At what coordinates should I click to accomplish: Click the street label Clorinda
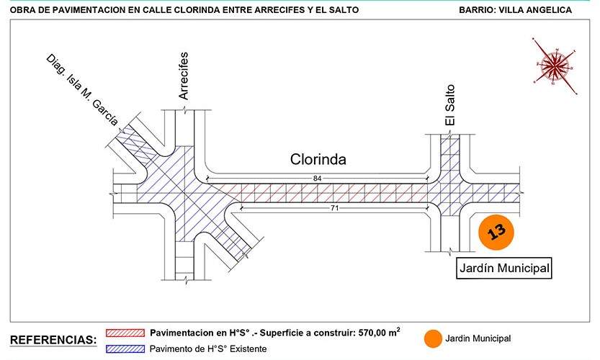pos(318,159)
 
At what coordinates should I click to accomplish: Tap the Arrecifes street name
pos(184,76)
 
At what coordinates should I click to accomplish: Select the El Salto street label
pos(450,105)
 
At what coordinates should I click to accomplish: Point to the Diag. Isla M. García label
pos(82,90)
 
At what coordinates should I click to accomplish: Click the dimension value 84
pos(317,179)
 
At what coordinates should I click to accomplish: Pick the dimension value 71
pos(334,208)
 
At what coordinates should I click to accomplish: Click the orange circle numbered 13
pos(496,232)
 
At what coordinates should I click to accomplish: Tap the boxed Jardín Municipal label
pos(504,268)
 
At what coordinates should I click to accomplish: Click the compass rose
pos(554,66)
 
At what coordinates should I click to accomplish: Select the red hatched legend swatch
pos(125,333)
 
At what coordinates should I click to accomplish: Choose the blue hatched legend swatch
pos(125,348)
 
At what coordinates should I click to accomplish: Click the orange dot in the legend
pos(433,339)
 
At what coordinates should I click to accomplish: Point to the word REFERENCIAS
pos(53,340)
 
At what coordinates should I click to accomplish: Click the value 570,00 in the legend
pos(372,333)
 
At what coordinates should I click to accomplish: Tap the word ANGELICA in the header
pos(549,10)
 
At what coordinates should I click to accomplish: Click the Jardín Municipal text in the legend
pos(478,338)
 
